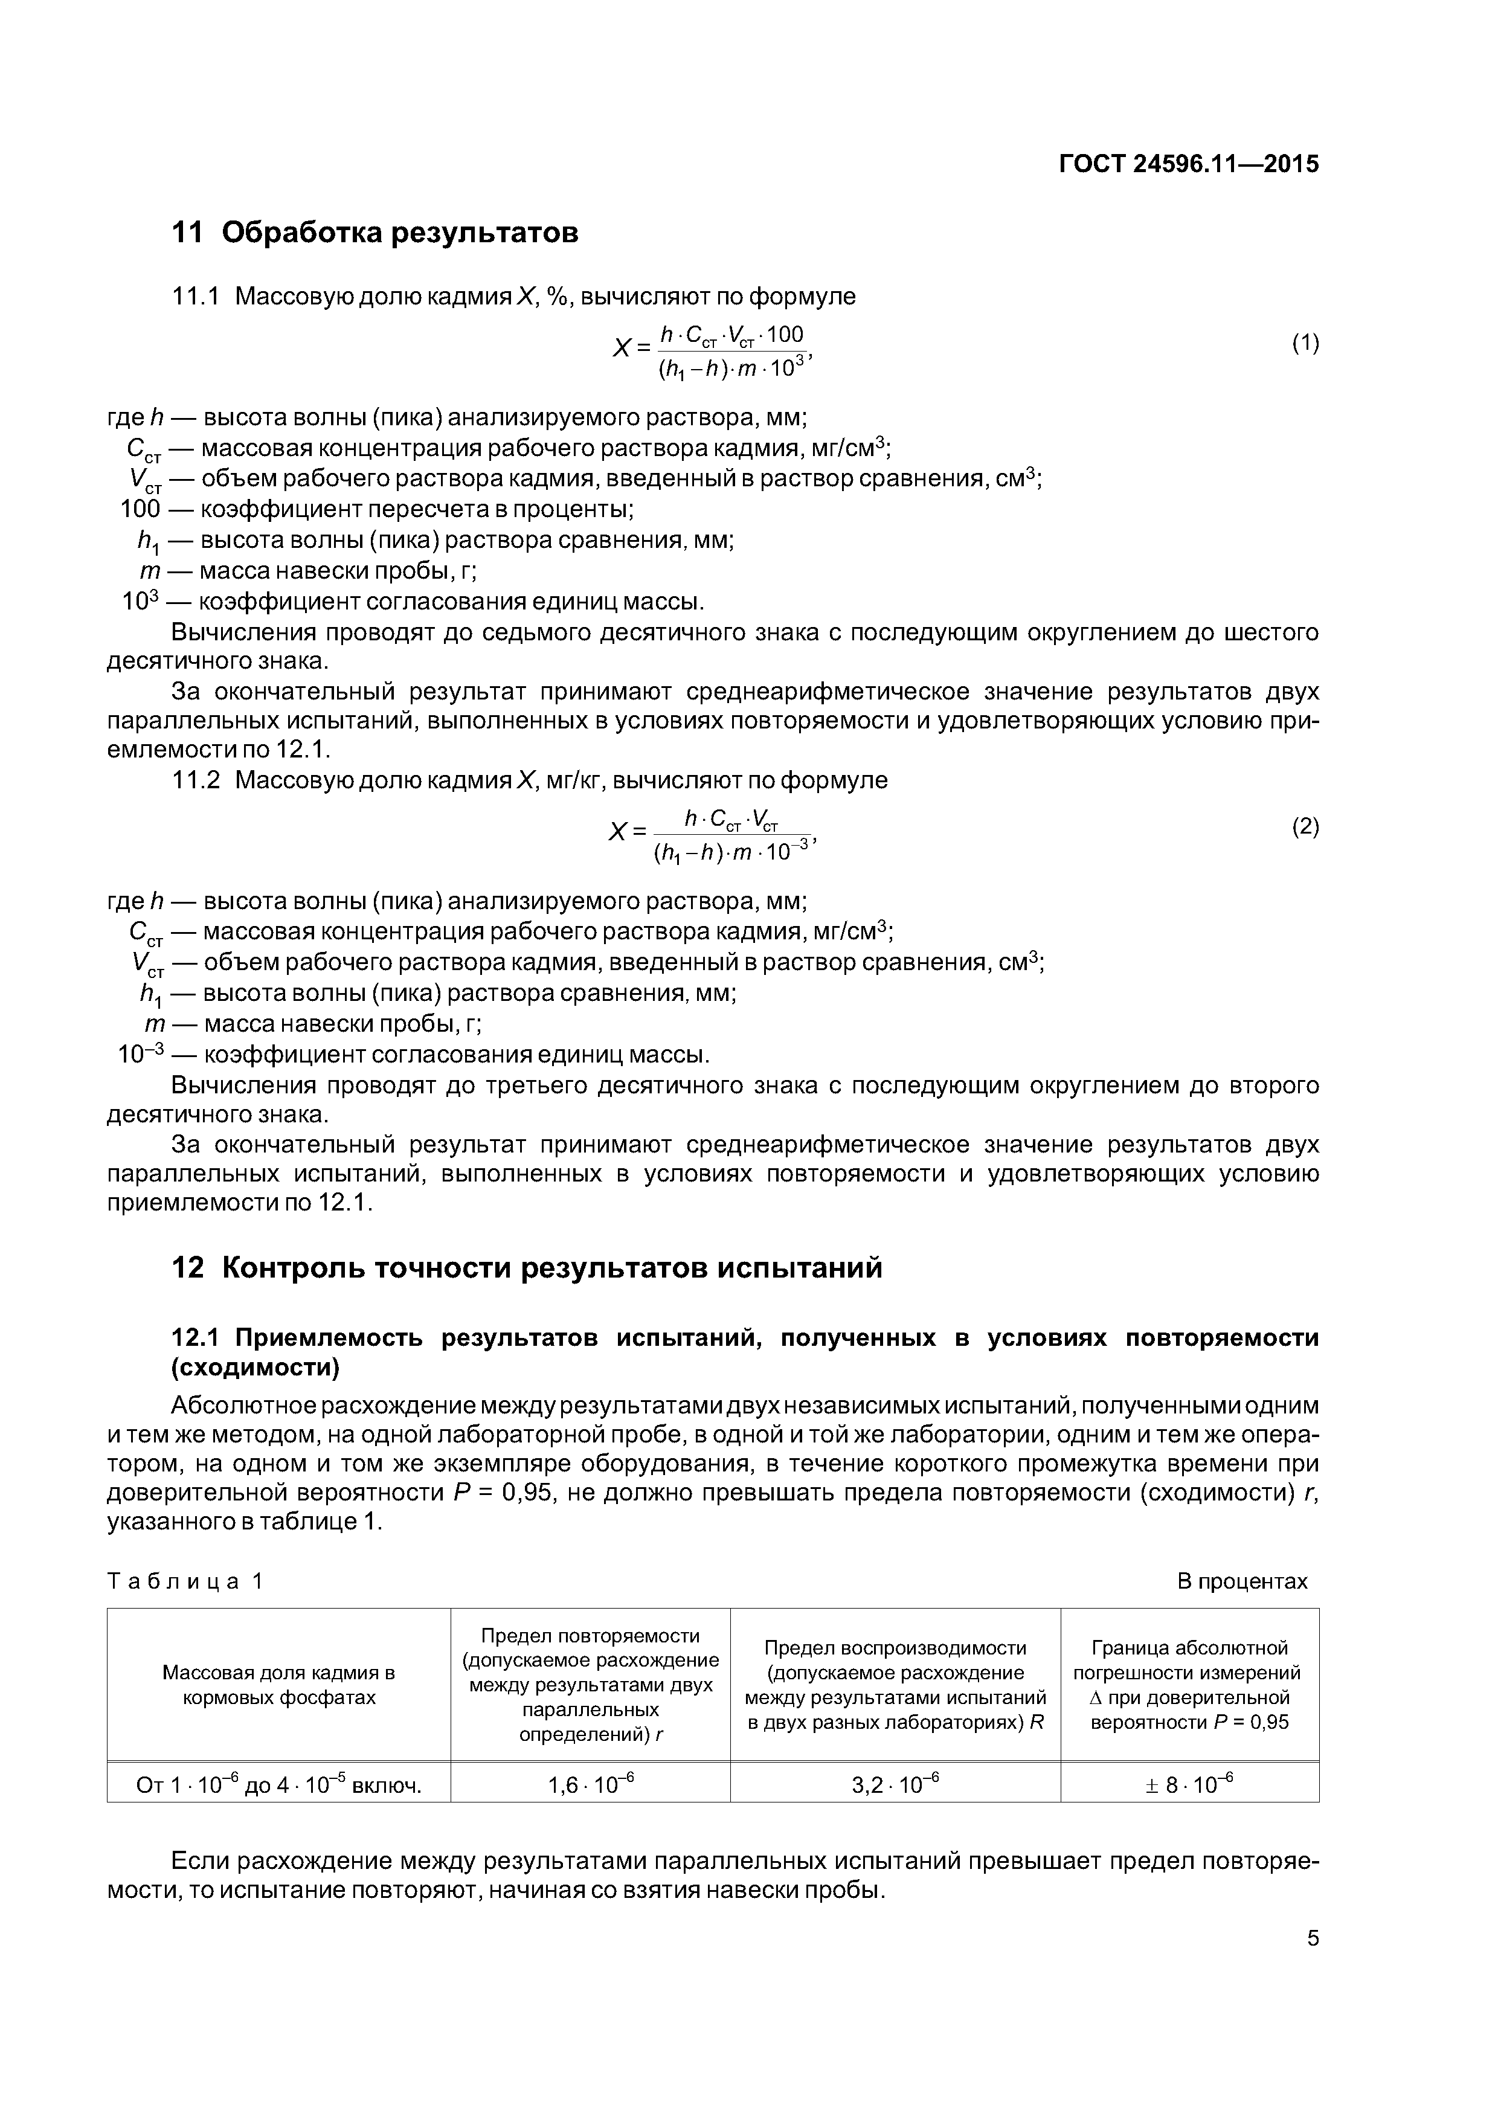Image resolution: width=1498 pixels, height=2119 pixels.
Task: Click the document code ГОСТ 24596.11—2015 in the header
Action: point(1188,164)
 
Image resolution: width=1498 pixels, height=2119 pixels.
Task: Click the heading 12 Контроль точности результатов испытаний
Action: point(527,1268)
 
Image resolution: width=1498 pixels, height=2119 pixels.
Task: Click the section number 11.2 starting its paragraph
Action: point(196,781)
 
